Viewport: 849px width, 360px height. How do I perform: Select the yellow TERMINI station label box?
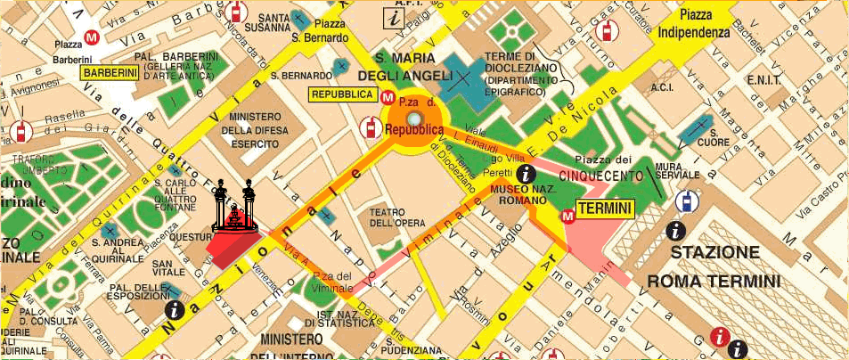click(605, 209)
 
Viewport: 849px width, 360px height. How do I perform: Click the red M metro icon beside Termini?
click(567, 216)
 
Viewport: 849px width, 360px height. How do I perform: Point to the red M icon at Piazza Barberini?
click(90, 37)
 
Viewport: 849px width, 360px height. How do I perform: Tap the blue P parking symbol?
click(684, 201)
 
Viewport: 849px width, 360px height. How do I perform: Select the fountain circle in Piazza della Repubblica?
click(413, 119)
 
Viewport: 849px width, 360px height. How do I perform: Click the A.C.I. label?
click(661, 88)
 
